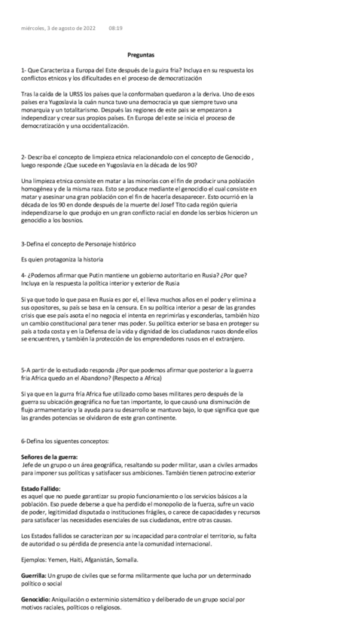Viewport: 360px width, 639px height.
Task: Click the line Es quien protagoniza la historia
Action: (x=62, y=259)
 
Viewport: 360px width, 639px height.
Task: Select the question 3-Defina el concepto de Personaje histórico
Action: (x=78, y=244)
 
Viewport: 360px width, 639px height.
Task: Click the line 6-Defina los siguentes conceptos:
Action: (x=65, y=439)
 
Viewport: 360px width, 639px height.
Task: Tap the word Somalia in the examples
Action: (x=125, y=559)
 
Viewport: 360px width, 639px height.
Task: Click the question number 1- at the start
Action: (x=24, y=70)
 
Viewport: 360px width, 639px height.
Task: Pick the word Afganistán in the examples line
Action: (x=100, y=559)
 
